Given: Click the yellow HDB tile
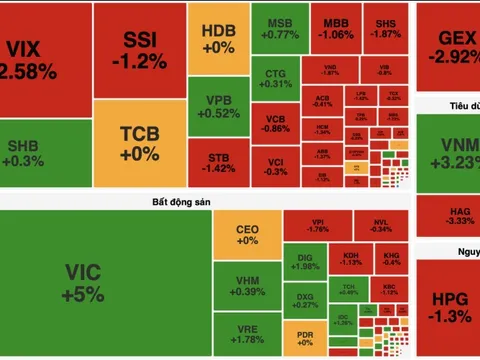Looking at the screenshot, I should pos(217,39).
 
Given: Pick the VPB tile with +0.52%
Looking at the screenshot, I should pos(217,108).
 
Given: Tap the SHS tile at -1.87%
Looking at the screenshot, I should pos(384,28).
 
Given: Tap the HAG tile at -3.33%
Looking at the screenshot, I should pos(449,214).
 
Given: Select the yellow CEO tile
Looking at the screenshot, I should pos(247,235).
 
